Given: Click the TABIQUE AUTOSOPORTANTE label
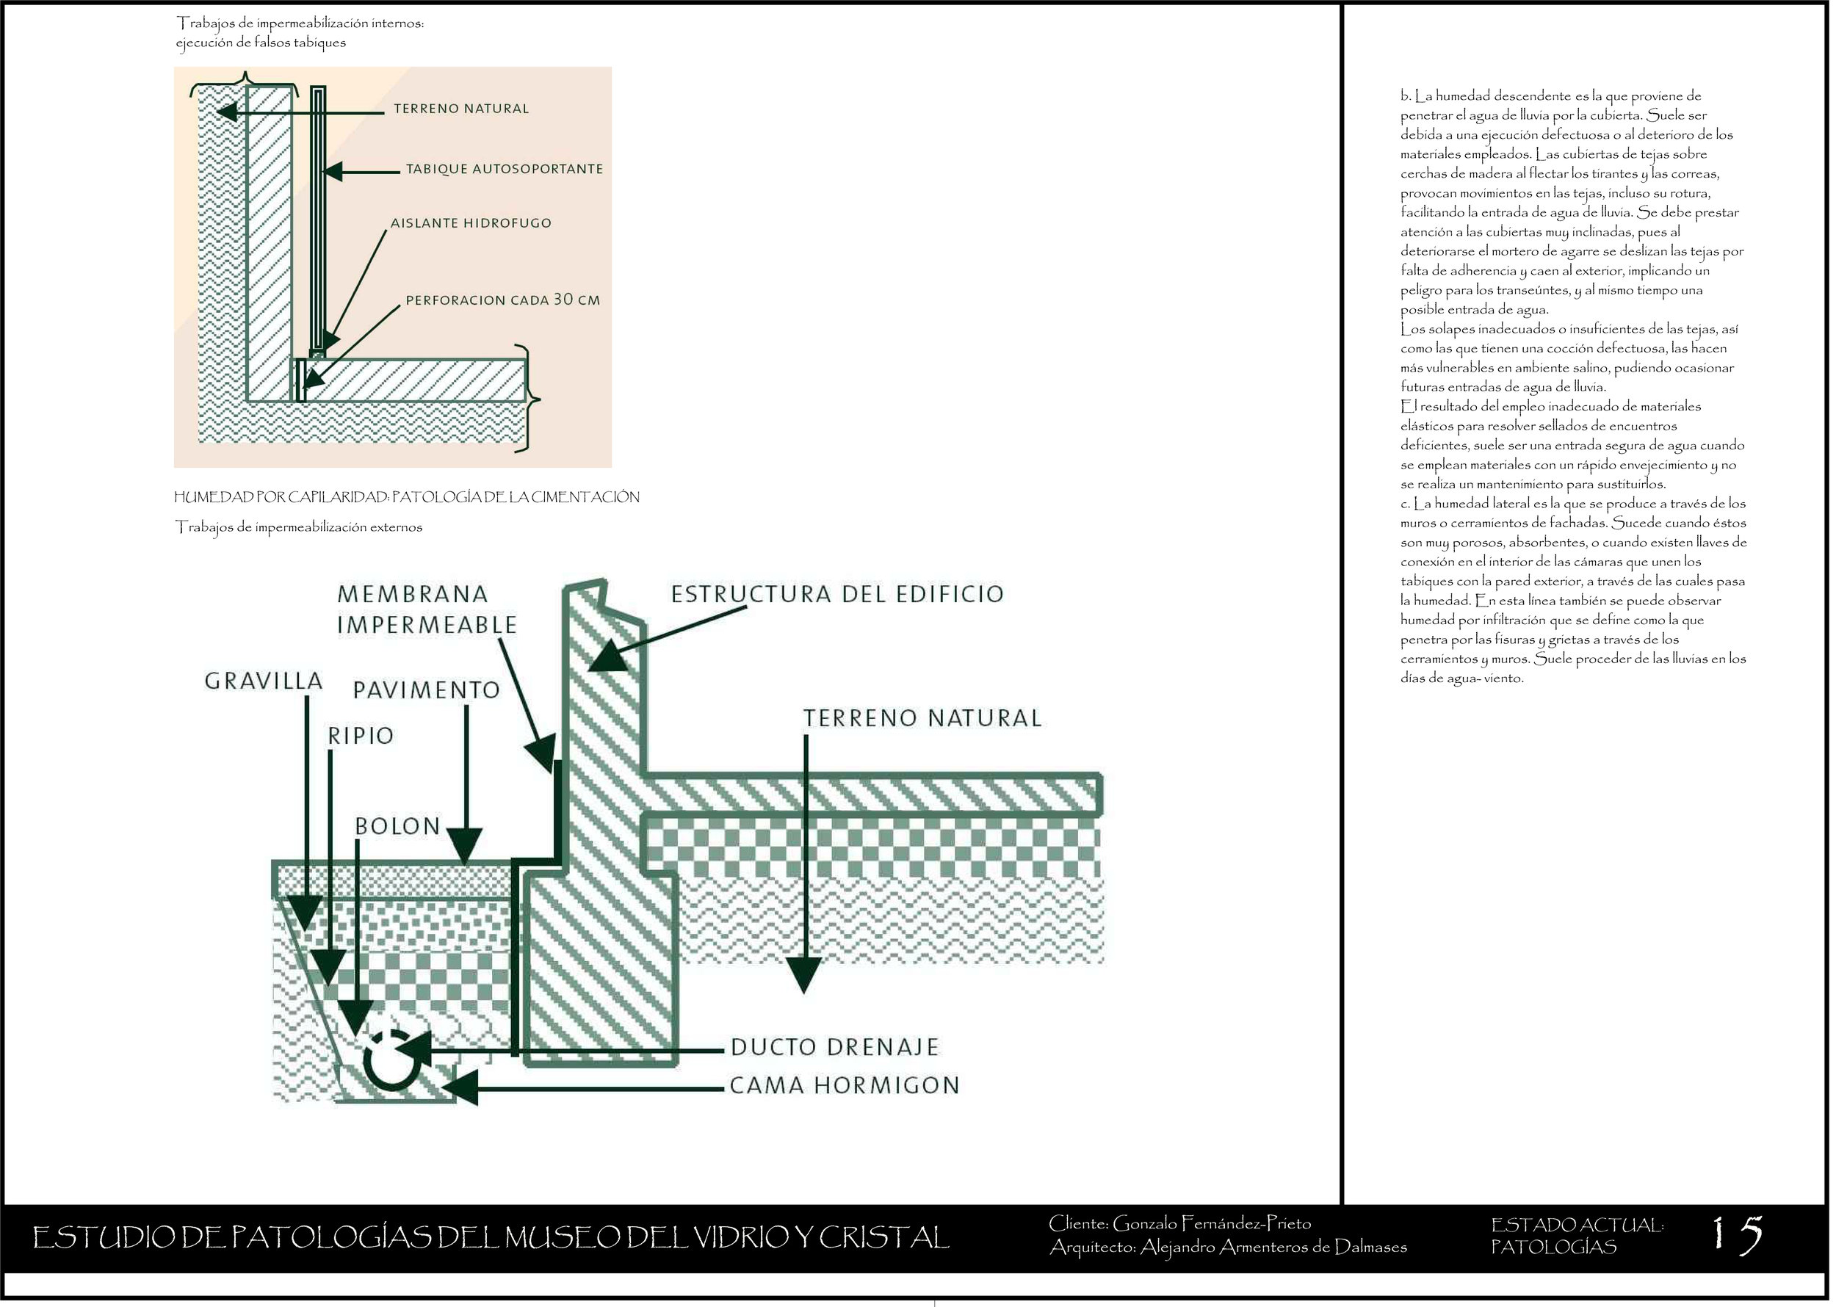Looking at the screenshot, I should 504,169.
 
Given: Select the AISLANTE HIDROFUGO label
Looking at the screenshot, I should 471,223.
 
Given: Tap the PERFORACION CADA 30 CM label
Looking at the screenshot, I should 502,300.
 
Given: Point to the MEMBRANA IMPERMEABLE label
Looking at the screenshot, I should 426,609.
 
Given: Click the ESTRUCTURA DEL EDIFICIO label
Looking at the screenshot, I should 837,594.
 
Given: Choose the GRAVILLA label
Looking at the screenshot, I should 263,681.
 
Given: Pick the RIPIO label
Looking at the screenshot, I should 361,736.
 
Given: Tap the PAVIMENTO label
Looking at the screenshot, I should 427,689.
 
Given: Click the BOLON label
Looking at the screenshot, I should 397,826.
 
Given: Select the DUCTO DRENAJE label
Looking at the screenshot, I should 835,1047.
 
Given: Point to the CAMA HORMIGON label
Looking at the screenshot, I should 845,1086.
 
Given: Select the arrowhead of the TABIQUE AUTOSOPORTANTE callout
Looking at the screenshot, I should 333,171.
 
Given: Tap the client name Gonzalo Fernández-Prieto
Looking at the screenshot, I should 1211,1224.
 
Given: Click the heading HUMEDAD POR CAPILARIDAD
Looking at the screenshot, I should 281,497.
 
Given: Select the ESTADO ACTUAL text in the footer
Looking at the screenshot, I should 1577,1225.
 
